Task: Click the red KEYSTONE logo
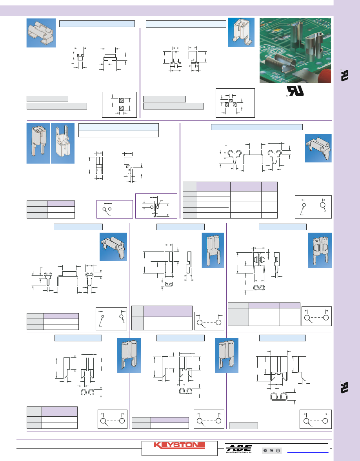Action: click(x=179, y=446)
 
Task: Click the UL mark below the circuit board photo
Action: click(x=293, y=91)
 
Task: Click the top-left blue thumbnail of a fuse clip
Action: click(x=40, y=33)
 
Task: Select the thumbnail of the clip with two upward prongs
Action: click(x=63, y=143)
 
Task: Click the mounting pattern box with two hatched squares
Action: click(x=119, y=104)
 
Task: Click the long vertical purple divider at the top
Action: click(x=140, y=73)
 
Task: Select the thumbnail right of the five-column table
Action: click(x=318, y=148)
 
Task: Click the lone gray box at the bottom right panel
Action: click(x=243, y=426)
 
